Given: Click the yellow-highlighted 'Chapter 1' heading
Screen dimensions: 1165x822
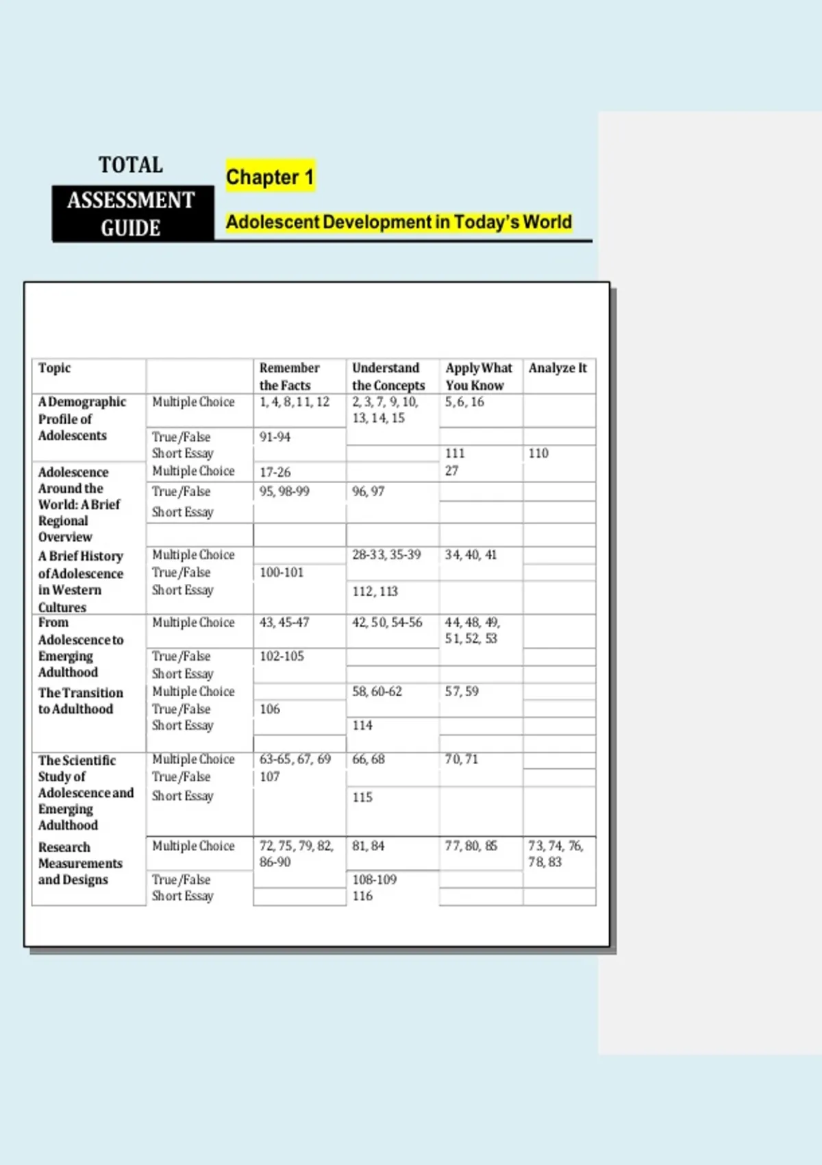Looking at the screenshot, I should (x=270, y=177).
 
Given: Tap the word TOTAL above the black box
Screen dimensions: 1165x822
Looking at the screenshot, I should (x=131, y=165).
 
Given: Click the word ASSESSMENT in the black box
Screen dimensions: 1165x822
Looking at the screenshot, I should (x=131, y=200).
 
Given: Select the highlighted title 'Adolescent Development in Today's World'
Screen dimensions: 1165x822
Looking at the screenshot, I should (x=399, y=222).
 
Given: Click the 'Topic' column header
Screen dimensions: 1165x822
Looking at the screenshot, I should (x=55, y=368).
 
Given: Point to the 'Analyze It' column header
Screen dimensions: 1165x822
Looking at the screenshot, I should (x=558, y=368).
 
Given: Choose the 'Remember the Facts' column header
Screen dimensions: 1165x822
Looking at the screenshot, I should (x=289, y=376).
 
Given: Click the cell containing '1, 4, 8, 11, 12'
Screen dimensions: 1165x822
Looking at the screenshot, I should (x=295, y=402).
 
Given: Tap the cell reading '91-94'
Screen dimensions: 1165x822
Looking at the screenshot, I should (x=275, y=437).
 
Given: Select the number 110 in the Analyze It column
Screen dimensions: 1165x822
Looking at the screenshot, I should (x=538, y=453).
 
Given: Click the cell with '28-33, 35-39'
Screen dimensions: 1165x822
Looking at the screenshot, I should (x=386, y=554).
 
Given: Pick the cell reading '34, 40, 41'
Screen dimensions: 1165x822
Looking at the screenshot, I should (x=471, y=554).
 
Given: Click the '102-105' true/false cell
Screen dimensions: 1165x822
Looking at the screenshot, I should (x=282, y=656).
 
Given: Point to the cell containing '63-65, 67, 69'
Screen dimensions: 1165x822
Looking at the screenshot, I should (x=295, y=759).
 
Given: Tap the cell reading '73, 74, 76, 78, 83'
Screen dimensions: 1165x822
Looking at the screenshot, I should (x=556, y=854).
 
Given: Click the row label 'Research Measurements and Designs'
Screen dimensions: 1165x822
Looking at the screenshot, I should (x=80, y=863).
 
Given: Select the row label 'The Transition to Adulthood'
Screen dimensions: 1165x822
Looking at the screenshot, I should (x=81, y=701).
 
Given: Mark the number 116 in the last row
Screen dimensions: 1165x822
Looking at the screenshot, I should (x=362, y=896).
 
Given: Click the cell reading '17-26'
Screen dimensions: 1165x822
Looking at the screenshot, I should (x=275, y=472).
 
